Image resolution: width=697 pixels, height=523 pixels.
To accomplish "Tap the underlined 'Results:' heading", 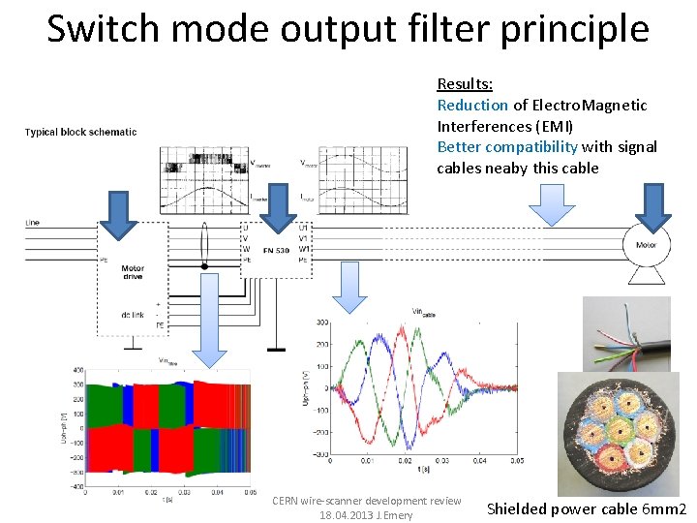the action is tap(465, 84).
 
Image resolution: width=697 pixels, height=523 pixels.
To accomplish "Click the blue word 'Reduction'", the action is tap(472, 105).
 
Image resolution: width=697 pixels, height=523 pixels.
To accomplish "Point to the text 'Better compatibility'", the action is tap(507, 147).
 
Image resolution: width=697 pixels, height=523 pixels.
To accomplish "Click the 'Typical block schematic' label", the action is tap(80, 132).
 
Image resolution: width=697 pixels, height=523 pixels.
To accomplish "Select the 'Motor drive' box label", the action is tap(133, 272).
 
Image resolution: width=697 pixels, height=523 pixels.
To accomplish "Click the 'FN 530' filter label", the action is tap(276, 251).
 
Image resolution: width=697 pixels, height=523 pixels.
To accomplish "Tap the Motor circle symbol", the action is tap(645, 246).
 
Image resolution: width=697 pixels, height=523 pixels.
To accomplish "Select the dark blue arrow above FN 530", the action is tap(282, 211).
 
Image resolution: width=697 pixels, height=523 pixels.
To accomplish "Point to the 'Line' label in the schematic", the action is tap(33, 223).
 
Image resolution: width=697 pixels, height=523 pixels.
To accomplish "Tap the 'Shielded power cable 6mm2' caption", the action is tap(586, 509).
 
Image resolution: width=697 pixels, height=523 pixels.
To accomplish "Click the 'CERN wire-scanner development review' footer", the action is tap(366, 501).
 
